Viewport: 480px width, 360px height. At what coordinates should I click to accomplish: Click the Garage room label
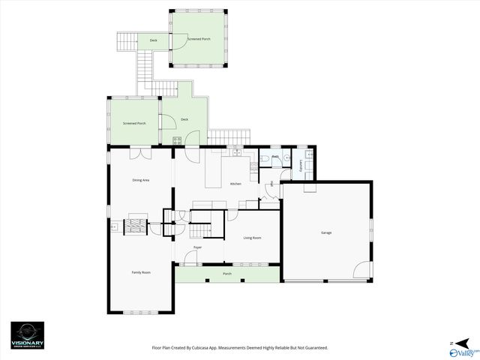click(x=326, y=232)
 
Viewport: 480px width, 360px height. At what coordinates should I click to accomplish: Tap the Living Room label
click(x=252, y=238)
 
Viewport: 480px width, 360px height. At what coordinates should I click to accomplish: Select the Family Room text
click(x=141, y=272)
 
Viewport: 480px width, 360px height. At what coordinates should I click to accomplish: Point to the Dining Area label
click(x=141, y=180)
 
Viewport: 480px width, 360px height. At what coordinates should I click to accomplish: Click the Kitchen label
click(x=235, y=184)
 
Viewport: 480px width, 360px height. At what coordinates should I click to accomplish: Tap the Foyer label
click(x=197, y=247)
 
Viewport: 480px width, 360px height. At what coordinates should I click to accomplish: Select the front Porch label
click(x=227, y=274)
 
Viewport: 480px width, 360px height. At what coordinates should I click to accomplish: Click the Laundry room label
click(x=301, y=164)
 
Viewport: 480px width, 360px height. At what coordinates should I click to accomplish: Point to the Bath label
click(x=275, y=157)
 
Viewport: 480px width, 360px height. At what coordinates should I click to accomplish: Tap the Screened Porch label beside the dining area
click(x=134, y=123)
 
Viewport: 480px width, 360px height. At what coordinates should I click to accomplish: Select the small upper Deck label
click(x=153, y=40)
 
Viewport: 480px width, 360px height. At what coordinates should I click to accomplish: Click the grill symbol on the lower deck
click(x=178, y=141)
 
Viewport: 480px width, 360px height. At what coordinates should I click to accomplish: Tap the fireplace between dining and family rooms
click(x=135, y=224)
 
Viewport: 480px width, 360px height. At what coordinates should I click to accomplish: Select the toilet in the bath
click(x=288, y=159)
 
